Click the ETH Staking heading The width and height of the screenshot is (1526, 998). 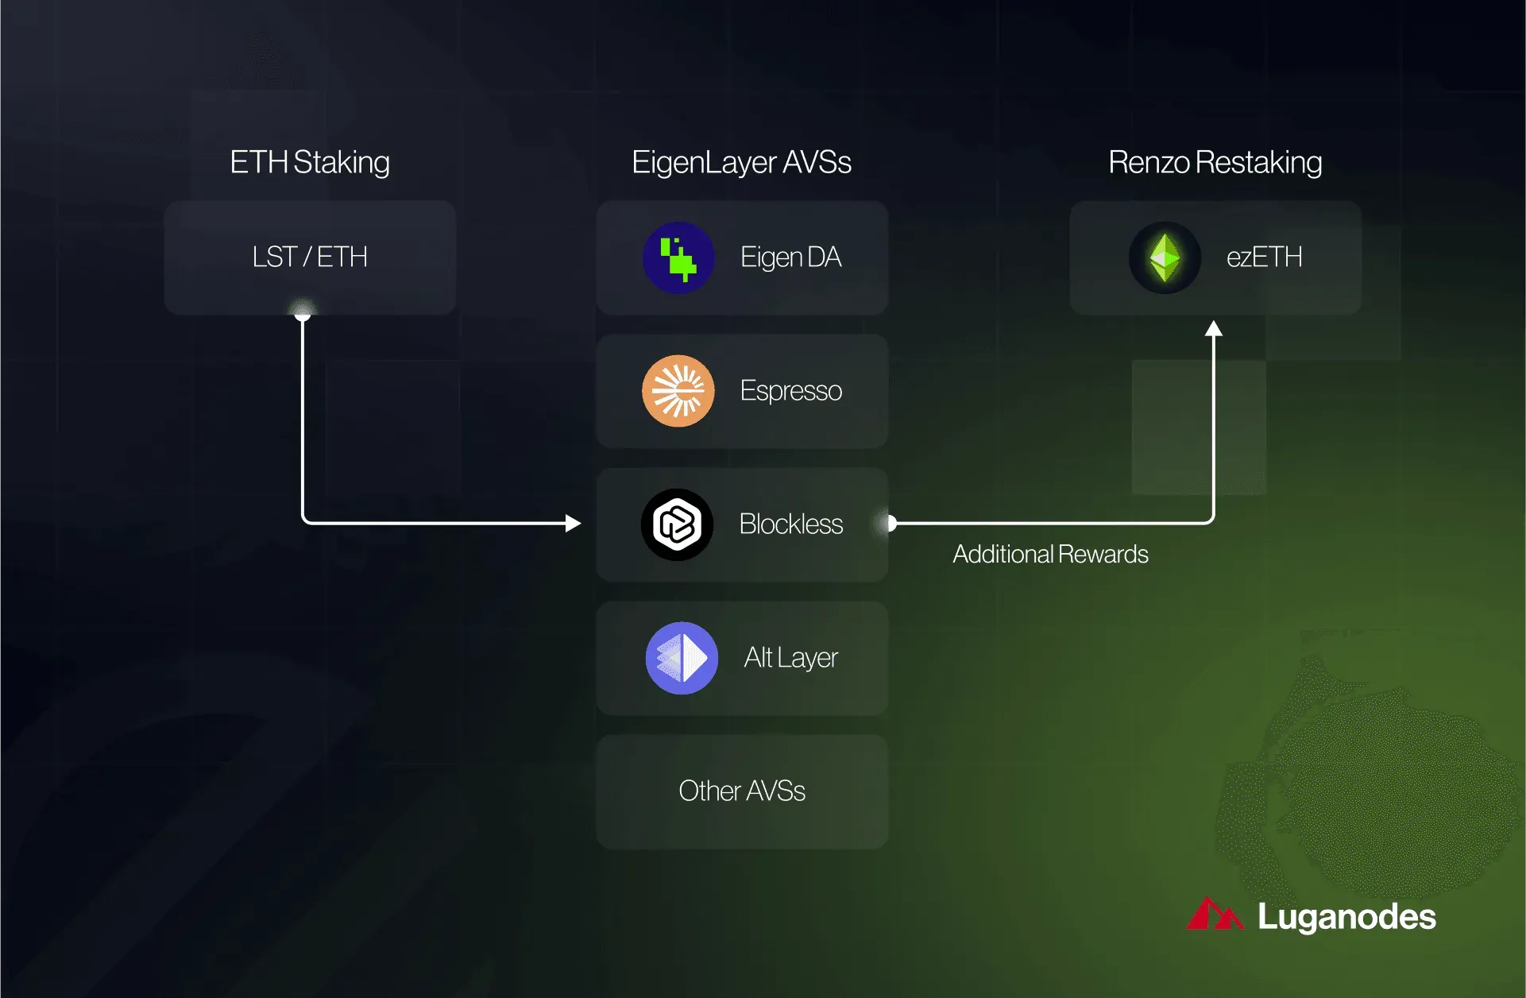[310, 163]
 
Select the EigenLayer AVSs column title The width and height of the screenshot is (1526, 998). [741, 163]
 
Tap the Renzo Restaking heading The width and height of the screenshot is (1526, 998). [1215, 163]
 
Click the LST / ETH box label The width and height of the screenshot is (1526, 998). [310, 257]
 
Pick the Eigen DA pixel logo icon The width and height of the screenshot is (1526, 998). [678, 257]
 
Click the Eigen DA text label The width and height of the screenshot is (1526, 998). [790, 257]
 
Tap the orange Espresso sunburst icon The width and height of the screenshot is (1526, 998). [678, 391]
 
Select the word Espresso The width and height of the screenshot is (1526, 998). [791, 391]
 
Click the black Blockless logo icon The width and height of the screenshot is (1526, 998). [678, 524]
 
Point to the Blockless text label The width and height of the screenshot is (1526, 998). [791, 524]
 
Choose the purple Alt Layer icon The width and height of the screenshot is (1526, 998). [682, 658]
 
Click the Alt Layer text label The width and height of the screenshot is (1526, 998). [791, 658]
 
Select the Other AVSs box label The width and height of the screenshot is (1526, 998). [742, 791]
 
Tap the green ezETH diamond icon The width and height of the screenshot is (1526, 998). [1165, 257]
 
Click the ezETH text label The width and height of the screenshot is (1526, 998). [1265, 257]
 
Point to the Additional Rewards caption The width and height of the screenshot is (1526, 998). [1050, 554]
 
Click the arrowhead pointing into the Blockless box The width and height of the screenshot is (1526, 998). [573, 523]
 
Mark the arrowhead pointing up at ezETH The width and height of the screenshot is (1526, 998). [1213, 328]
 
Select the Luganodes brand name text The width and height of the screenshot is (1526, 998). [1346, 917]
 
